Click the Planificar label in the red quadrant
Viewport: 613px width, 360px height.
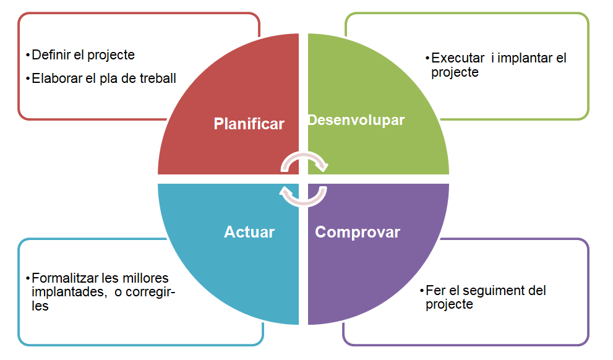[x=249, y=124]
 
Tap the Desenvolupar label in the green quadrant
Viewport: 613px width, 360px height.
[x=356, y=119]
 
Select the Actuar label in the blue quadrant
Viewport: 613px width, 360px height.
[x=249, y=232]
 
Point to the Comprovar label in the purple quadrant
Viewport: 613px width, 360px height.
[x=358, y=232]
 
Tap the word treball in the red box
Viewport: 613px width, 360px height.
[x=157, y=79]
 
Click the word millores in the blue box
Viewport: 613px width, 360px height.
[x=145, y=278]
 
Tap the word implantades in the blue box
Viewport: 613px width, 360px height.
[x=67, y=292]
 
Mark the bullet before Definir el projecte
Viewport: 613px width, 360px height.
[x=28, y=55]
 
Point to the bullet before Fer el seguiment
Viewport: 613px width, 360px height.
[x=422, y=290]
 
